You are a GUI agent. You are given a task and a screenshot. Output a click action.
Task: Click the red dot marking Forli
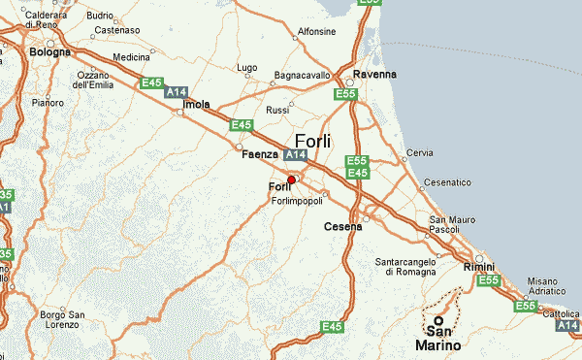[x=291, y=179]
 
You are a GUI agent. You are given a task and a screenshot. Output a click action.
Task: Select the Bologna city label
[x=50, y=51]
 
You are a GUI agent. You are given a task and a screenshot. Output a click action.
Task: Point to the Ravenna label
[x=375, y=75]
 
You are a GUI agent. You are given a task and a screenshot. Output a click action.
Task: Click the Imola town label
[x=197, y=105]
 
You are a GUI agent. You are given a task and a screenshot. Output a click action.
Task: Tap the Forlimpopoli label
[x=297, y=201]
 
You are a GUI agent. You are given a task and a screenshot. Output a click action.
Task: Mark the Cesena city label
[x=342, y=227]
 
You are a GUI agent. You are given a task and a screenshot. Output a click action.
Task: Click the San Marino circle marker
[x=437, y=319]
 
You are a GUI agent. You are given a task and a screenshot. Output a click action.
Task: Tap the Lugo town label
[x=247, y=68]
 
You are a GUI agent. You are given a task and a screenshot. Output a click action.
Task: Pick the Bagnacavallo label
[x=305, y=75]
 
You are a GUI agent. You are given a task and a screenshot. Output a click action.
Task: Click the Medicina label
[x=132, y=57]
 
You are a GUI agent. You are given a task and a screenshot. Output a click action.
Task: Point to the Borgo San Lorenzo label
[x=64, y=319]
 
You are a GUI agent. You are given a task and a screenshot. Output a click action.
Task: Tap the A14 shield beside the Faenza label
[x=296, y=154]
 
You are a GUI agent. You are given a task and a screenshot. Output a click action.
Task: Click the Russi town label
[x=277, y=110]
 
